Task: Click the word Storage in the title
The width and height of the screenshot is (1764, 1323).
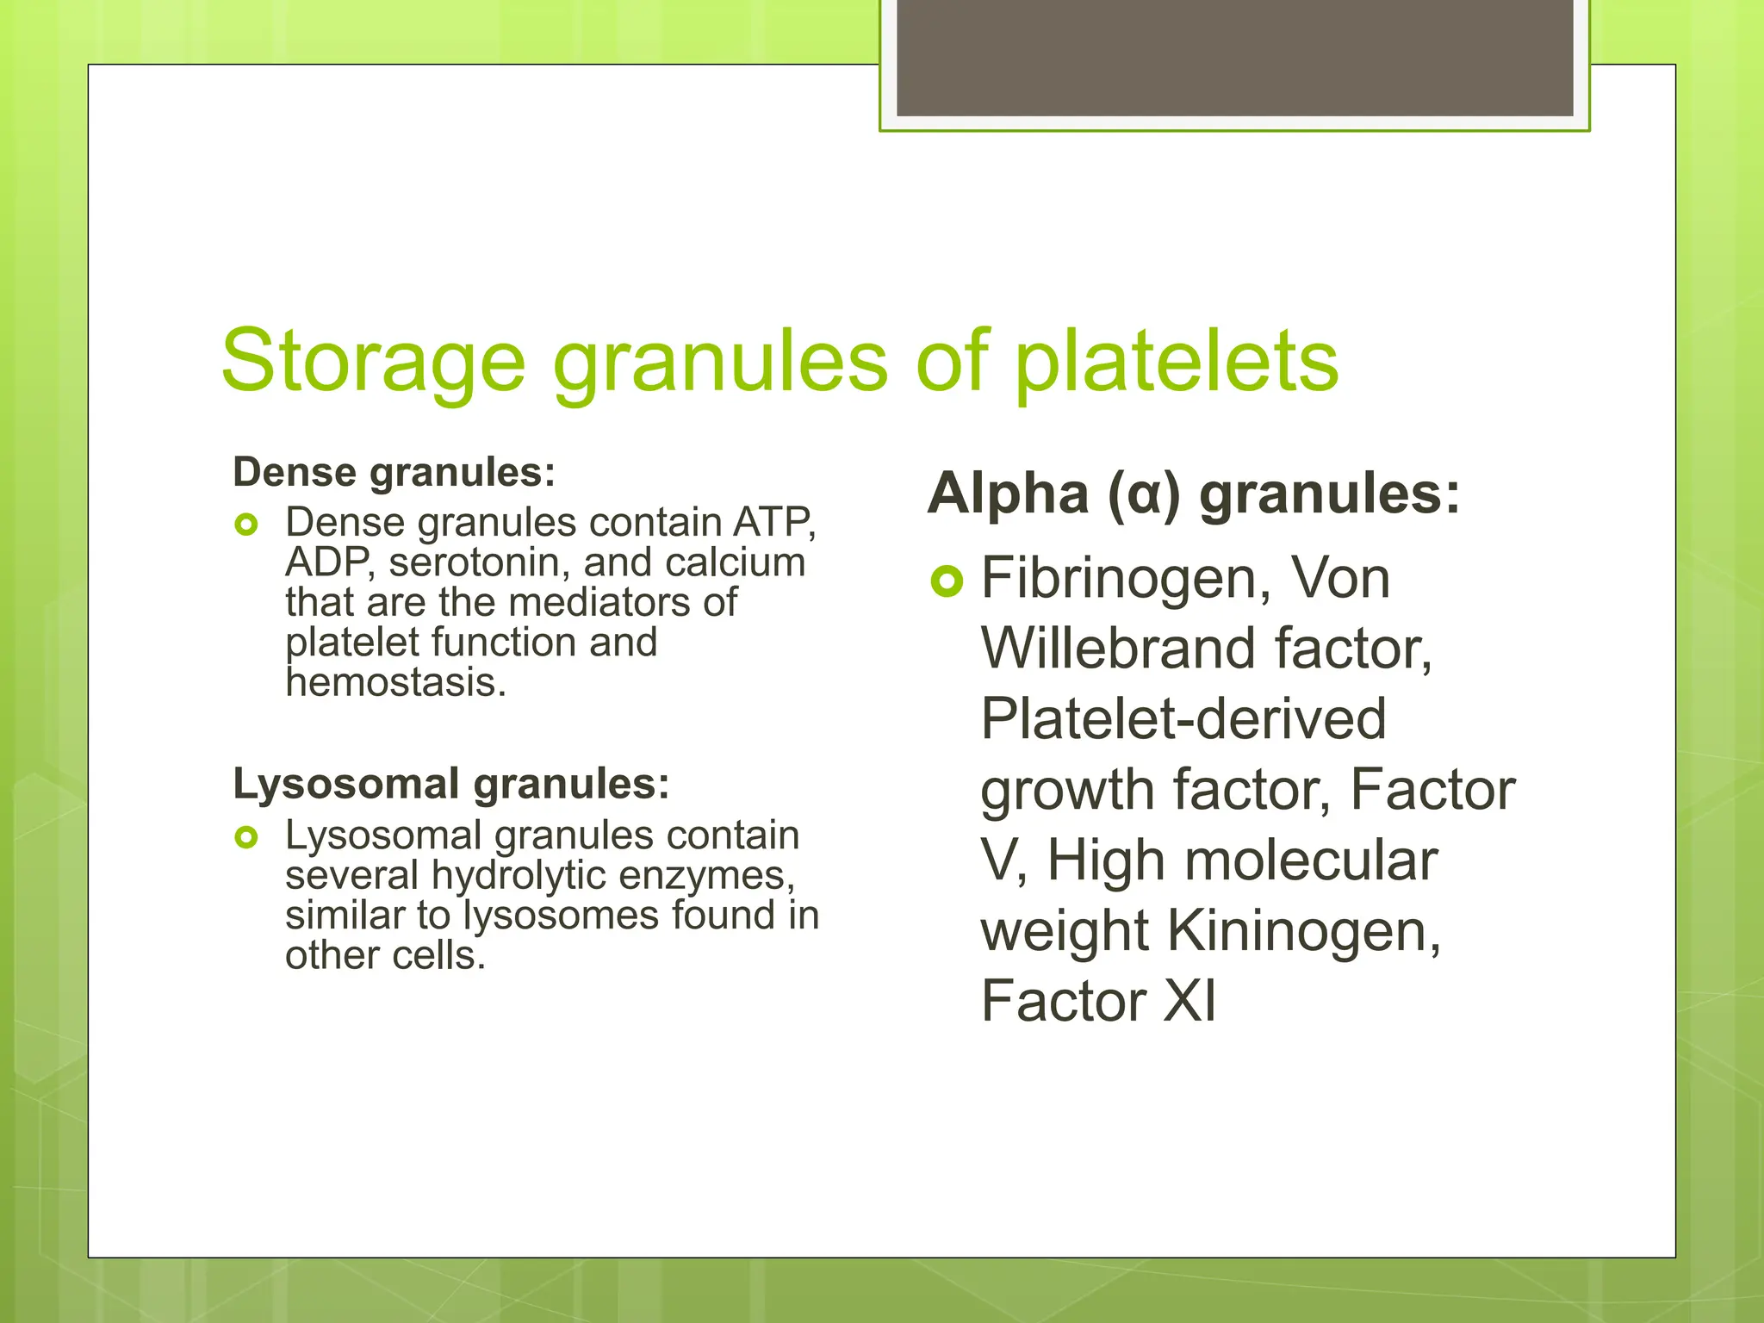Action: tap(372, 362)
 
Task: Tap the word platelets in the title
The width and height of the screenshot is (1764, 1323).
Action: tap(1177, 362)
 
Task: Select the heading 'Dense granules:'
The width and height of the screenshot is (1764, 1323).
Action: tap(394, 473)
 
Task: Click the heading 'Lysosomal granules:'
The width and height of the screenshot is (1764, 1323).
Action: tap(451, 785)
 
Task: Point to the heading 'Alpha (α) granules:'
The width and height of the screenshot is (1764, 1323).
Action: tap(1194, 494)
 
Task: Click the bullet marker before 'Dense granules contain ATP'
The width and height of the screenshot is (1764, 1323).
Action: tap(246, 524)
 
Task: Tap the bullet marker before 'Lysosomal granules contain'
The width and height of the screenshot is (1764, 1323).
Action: tap(246, 836)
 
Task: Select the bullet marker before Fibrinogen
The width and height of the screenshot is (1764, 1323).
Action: tap(946, 582)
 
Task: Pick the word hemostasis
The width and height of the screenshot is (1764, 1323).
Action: tap(395, 683)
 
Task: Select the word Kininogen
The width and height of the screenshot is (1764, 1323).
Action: tap(1303, 931)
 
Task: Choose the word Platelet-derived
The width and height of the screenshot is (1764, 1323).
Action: tap(1183, 719)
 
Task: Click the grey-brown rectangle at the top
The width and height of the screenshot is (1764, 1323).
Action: tap(1234, 57)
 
